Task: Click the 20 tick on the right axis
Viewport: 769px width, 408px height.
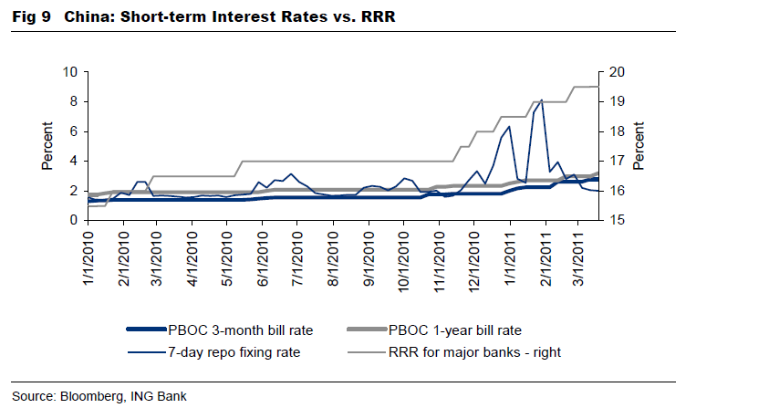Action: [616, 72]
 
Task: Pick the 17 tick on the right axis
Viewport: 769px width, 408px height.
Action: [616, 162]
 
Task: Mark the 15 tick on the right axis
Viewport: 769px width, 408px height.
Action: [616, 221]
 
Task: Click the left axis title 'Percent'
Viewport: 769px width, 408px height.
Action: [47, 146]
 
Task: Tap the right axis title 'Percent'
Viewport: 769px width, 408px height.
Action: [639, 146]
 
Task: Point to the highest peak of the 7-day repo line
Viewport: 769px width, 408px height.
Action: [542, 99]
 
